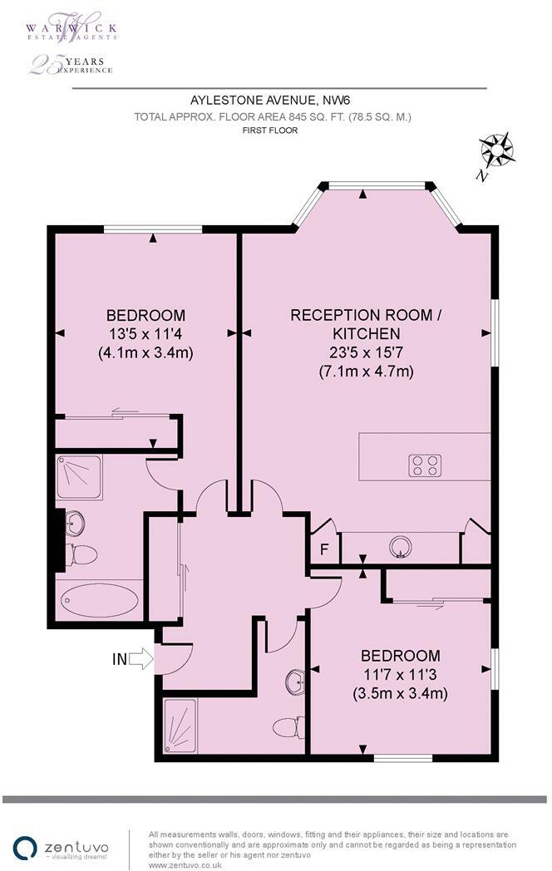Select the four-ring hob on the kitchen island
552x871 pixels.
425,465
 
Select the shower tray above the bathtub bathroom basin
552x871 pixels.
79,476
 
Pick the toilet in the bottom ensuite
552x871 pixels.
285,726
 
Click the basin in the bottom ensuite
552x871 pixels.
294,682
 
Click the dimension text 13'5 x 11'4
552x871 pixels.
145,334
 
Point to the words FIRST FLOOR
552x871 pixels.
270,130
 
